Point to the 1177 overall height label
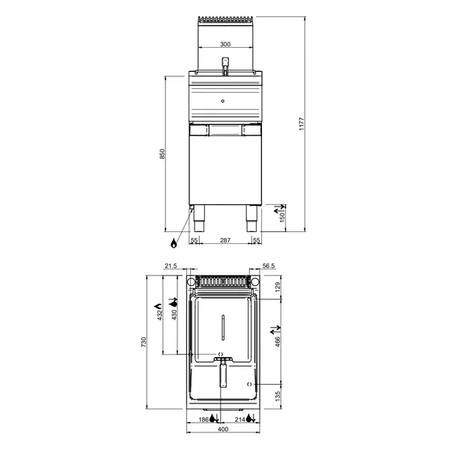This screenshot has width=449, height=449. click(x=302, y=124)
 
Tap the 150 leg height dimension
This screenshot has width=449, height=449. click(x=281, y=216)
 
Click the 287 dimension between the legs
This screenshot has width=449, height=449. click(x=224, y=240)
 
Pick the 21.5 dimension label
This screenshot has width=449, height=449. click(x=170, y=266)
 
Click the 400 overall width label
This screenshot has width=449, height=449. click(x=223, y=430)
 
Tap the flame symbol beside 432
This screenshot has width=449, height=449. click(x=158, y=306)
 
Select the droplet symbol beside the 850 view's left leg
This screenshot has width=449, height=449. click(x=174, y=243)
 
